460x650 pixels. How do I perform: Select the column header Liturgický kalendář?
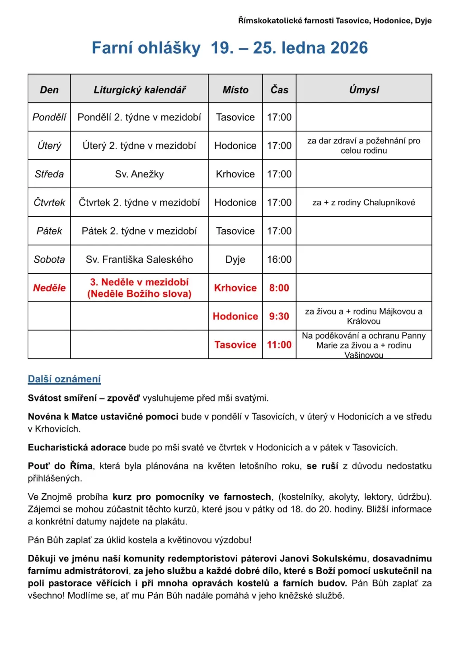tap(139, 90)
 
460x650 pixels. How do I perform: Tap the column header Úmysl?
tap(364, 90)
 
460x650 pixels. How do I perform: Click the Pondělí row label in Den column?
tap(49, 117)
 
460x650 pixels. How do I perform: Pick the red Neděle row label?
tap(49, 288)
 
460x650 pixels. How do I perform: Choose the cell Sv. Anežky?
tap(139, 174)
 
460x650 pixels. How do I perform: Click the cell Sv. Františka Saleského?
tap(139, 260)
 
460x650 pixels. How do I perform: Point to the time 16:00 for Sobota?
tap(279, 260)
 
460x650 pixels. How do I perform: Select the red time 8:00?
tap(279, 288)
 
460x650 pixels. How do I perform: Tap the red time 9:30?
tap(279, 316)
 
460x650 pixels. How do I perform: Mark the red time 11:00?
tap(279, 345)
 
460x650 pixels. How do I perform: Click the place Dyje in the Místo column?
tap(235, 260)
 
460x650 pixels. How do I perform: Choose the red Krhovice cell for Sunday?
tap(235, 288)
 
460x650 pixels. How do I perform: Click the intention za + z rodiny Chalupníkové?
tap(364, 203)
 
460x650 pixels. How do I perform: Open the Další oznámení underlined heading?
tap(64, 379)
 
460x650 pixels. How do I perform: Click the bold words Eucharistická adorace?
tap(77, 448)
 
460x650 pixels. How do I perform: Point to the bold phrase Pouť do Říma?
tap(60, 466)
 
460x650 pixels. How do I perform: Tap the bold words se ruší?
tap(322, 466)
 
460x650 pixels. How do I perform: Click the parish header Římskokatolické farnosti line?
tap(334, 21)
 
